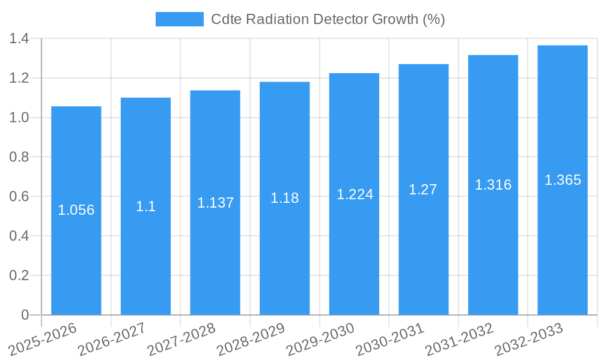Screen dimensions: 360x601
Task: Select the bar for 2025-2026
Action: coord(76,210)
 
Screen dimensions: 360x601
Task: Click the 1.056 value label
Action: coord(76,210)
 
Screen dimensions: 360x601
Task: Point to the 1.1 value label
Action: coord(145,206)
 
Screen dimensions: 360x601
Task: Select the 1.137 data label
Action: coord(215,203)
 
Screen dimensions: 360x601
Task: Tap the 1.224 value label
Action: coord(355,194)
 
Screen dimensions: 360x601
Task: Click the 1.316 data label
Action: coord(493,185)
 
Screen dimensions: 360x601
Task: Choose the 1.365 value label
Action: coord(563,180)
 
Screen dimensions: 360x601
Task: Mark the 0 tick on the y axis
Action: coord(25,315)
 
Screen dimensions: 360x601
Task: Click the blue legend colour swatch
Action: coord(179,19)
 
